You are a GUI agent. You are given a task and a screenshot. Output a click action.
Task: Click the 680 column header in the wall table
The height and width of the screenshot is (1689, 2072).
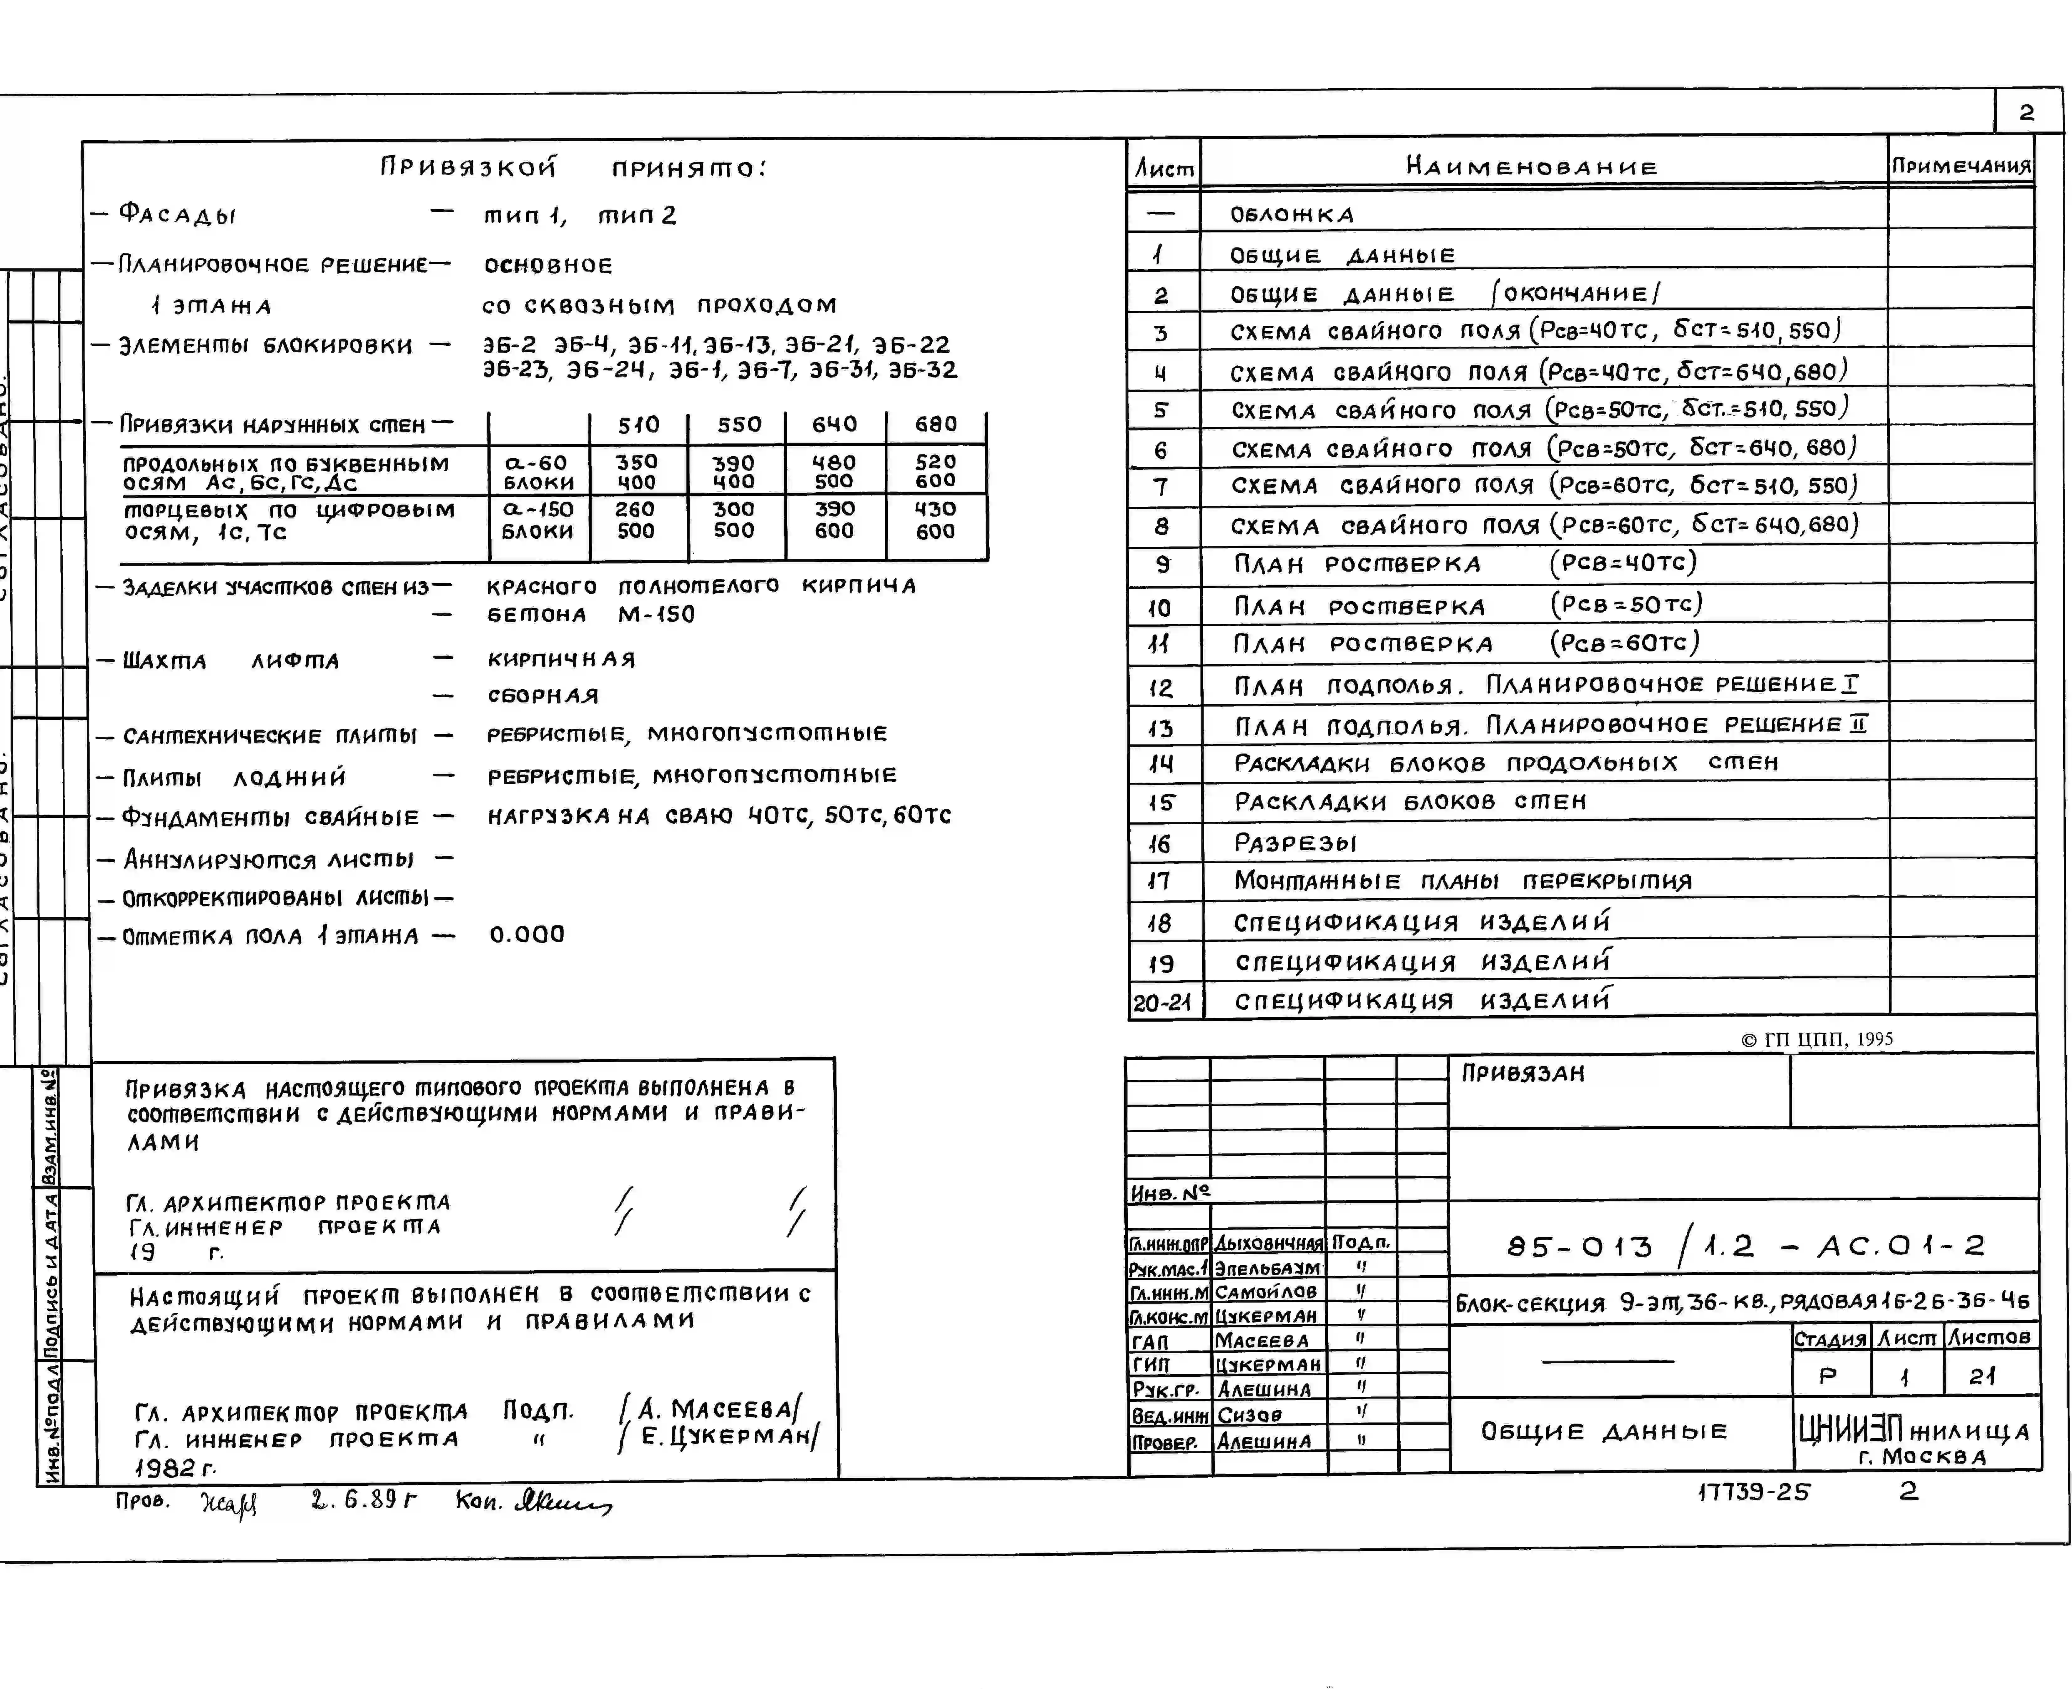click(x=935, y=424)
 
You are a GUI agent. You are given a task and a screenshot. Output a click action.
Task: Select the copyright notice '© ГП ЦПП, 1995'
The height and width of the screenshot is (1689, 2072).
click(x=1816, y=1039)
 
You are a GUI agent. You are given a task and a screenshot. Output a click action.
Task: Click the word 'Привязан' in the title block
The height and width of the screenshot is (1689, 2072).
click(x=1523, y=1073)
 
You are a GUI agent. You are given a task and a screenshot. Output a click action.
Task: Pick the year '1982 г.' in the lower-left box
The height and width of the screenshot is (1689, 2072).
click(x=175, y=1467)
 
